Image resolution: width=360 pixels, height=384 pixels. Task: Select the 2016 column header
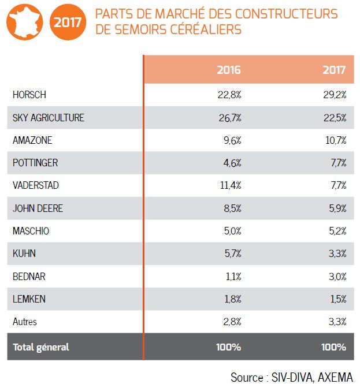(x=229, y=70)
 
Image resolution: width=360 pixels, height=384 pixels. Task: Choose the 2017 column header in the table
(x=335, y=70)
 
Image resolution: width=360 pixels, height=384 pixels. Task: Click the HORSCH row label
(x=29, y=95)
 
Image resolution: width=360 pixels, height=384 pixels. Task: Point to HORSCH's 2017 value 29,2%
(x=335, y=95)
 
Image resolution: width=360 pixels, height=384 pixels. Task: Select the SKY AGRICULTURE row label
(x=49, y=118)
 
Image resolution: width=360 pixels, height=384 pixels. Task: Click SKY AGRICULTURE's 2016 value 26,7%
(x=229, y=118)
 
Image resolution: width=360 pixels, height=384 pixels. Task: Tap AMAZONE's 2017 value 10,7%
(x=335, y=140)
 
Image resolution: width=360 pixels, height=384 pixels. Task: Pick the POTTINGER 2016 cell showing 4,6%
(x=232, y=163)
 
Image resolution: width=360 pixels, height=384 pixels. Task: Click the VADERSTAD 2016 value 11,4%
(x=230, y=185)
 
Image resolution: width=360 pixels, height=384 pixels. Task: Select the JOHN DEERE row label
(x=38, y=208)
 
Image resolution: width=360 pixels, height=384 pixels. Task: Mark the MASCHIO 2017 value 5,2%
(x=336, y=231)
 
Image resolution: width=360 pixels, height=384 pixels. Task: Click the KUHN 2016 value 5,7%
(x=232, y=253)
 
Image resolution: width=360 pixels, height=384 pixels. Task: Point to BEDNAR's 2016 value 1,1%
(x=232, y=277)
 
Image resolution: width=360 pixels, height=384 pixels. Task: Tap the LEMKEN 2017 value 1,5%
(x=337, y=299)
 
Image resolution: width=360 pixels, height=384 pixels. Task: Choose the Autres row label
(x=25, y=322)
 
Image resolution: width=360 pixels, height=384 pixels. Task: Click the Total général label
(x=40, y=347)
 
